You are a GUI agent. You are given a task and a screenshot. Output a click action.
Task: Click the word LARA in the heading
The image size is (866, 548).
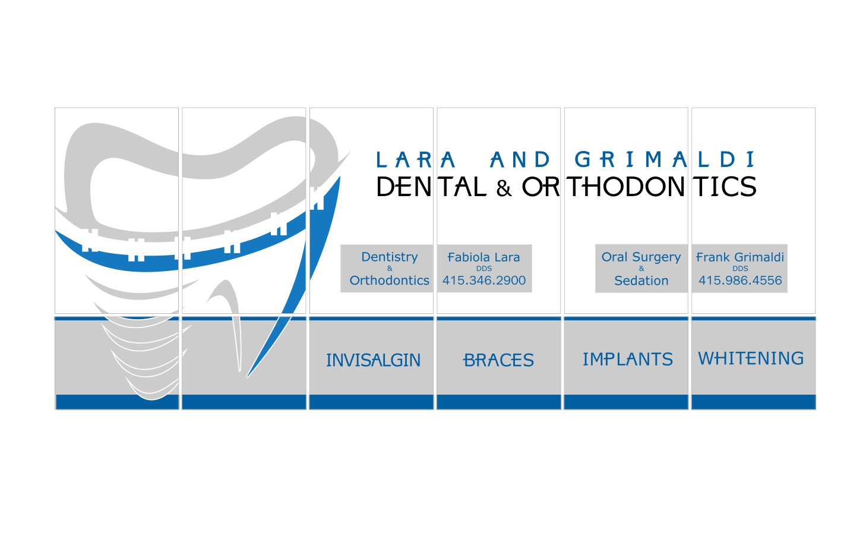click(x=415, y=160)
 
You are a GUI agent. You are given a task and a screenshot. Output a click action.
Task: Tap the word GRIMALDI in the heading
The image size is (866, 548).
click(x=665, y=160)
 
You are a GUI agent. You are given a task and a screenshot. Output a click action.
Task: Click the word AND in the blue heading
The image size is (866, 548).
click(x=520, y=160)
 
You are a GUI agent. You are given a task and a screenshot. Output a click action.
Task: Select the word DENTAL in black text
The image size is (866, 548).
click(x=431, y=187)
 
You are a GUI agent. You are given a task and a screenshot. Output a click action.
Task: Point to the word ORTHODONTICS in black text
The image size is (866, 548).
click(x=639, y=187)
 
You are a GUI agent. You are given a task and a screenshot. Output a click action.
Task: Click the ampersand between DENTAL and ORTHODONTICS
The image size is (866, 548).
click(x=504, y=189)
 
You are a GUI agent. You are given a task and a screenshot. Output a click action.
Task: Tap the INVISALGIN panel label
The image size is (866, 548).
click(x=373, y=360)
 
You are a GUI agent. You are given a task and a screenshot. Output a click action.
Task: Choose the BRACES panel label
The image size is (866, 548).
click(x=499, y=360)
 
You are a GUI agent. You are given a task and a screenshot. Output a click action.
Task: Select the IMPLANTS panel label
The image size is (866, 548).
click(x=627, y=360)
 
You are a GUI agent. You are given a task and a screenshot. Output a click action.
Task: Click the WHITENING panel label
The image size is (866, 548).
click(x=751, y=358)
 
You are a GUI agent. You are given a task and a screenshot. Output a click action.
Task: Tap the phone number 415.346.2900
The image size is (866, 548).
click(x=484, y=281)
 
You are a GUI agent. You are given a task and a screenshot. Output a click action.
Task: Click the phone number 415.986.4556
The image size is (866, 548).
click(x=740, y=281)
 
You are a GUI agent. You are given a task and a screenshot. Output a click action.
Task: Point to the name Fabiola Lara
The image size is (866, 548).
click(x=483, y=257)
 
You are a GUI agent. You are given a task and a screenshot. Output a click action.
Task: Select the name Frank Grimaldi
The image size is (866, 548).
click(x=740, y=257)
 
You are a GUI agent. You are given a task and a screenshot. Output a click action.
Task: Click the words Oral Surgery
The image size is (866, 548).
click(x=641, y=257)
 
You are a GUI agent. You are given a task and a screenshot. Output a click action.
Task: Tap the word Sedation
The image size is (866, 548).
click(x=641, y=281)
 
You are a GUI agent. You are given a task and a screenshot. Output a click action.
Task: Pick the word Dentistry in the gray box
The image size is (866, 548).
click(x=390, y=257)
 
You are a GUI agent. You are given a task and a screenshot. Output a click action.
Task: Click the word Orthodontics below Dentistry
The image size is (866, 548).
click(x=390, y=281)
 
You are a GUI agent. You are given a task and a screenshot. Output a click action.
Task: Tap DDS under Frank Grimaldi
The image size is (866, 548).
click(x=740, y=269)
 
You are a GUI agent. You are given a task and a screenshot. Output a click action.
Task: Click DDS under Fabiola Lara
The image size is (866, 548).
click(x=484, y=269)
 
